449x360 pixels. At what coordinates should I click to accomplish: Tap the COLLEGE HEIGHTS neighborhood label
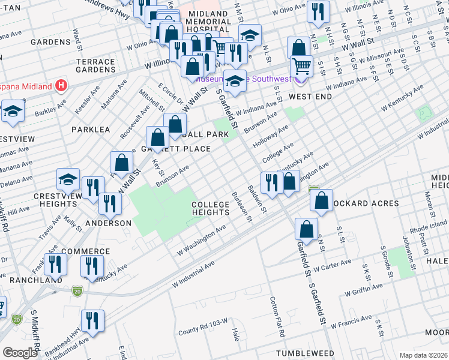tap(211, 209)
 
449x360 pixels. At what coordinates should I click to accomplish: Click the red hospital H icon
tap(60, 86)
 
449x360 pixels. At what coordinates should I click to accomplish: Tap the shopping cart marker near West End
tap(301, 67)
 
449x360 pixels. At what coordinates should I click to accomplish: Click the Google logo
tap(20, 353)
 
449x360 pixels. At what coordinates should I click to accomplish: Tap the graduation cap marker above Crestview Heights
tap(68, 179)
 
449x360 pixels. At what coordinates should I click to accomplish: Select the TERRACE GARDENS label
tap(95, 65)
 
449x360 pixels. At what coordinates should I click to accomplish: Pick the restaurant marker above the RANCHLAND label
tap(55, 265)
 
